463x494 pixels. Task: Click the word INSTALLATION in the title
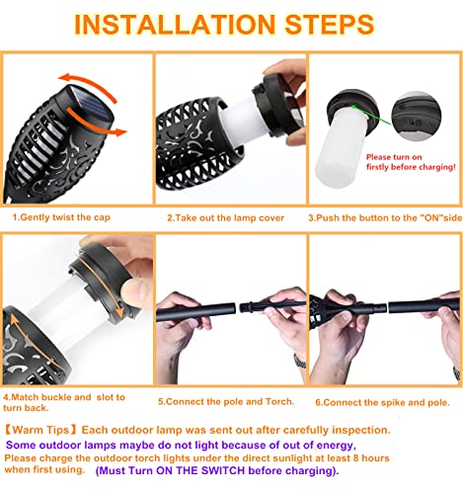pos(175,25)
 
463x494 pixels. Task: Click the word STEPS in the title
pos(330,25)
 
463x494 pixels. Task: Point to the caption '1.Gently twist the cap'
pos(61,217)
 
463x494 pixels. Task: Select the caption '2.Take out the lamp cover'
pos(225,218)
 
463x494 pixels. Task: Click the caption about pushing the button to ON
pos(385,218)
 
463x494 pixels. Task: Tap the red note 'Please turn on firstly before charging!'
pos(411,162)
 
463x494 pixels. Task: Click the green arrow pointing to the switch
pos(371,115)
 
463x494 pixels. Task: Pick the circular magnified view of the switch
pos(417,117)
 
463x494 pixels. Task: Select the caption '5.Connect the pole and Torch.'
pos(226,402)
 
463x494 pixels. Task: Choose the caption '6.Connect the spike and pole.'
pos(382,402)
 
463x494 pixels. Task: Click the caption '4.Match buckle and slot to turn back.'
pos(64,402)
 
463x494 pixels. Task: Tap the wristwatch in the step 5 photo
pos(300,362)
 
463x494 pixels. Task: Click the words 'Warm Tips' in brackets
pos(40,430)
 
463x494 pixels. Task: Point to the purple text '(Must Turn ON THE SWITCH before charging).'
pos(217,470)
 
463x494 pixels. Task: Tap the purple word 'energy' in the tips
pos(335,446)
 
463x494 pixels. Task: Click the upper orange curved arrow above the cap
pos(88,86)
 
